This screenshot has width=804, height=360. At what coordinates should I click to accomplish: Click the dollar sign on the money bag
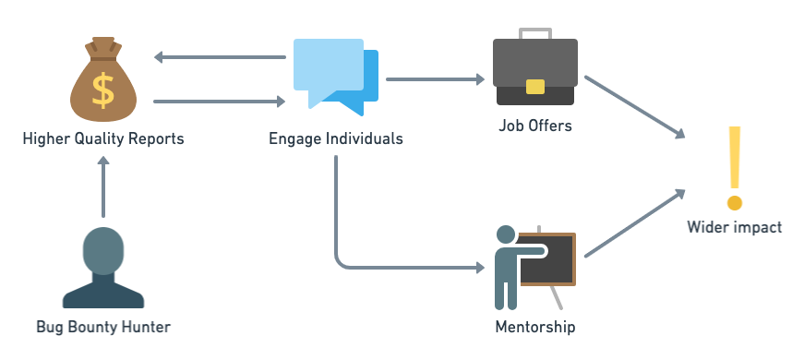click(x=103, y=90)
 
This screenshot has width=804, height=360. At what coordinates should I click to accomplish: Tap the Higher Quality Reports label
click(x=103, y=139)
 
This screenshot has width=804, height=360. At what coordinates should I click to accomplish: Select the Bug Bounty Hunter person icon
click(x=103, y=267)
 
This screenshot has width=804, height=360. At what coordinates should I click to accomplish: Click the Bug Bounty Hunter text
click(x=103, y=327)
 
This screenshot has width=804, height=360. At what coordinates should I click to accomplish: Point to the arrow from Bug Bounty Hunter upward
click(x=103, y=189)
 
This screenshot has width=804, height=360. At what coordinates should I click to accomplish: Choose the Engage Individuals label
click(x=335, y=139)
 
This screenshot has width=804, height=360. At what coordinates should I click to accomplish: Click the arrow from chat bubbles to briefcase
click(x=434, y=80)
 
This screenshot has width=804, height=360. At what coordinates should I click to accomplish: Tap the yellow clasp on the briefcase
click(x=534, y=87)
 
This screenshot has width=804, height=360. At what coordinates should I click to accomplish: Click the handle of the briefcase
click(x=534, y=34)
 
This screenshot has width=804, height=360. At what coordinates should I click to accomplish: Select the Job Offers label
click(x=534, y=126)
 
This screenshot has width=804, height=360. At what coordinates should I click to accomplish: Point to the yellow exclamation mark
click(x=735, y=166)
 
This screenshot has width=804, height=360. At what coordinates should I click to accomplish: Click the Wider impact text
click(x=735, y=227)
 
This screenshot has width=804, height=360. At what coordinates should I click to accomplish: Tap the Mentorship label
click(x=534, y=327)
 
